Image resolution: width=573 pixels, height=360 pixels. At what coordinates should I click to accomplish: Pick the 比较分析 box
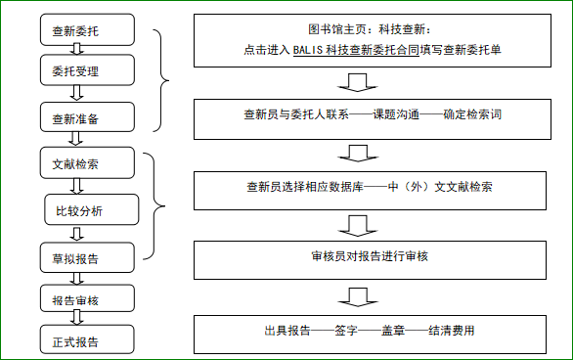click(x=90, y=209)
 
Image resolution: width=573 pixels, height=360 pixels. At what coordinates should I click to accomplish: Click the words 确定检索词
click(x=473, y=114)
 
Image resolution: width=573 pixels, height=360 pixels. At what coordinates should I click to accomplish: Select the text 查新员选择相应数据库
click(x=304, y=186)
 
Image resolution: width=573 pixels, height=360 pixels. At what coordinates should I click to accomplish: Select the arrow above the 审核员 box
click(x=358, y=224)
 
